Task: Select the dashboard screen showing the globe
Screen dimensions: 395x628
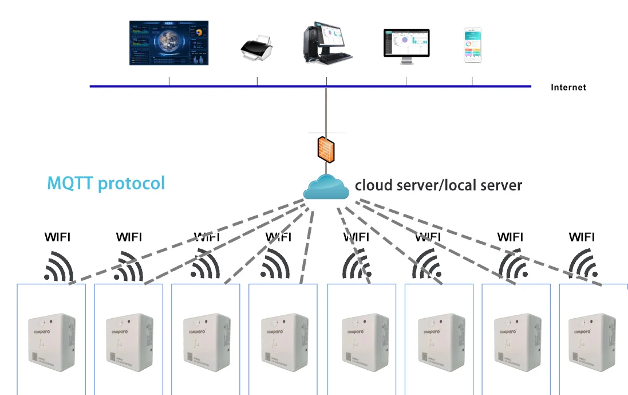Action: [x=169, y=43]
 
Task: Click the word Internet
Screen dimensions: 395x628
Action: [x=568, y=88]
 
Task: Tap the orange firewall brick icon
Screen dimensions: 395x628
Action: [x=326, y=148]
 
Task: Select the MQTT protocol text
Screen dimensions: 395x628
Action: [x=106, y=183]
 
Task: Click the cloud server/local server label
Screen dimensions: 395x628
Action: [x=439, y=185]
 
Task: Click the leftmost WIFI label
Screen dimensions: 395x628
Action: [x=58, y=237]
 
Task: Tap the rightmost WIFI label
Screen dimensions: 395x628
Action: [x=582, y=237]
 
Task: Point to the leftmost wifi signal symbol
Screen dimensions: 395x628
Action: [x=59, y=266]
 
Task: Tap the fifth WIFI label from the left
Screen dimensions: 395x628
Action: [x=356, y=237]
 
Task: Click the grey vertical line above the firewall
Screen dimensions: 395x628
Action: [x=326, y=109]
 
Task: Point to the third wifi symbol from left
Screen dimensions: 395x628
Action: [x=205, y=266]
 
